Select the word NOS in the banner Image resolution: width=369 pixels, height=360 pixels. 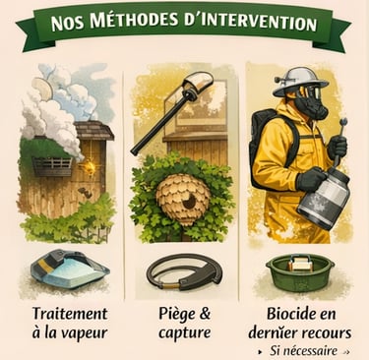(67, 24)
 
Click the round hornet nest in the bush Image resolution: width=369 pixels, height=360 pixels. (182, 198)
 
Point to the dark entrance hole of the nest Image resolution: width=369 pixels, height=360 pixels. (188, 203)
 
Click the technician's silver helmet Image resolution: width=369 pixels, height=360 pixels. (300, 80)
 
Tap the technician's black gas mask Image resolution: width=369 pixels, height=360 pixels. (309, 103)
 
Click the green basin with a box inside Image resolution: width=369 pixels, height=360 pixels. (300, 272)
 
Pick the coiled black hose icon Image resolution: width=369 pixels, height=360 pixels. (183, 271)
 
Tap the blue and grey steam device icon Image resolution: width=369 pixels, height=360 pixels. (70, 269)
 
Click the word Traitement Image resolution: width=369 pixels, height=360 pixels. (70, 314)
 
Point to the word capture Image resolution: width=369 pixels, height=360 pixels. (184, 333)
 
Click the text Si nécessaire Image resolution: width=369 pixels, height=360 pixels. (303, 351)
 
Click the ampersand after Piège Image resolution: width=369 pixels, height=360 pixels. (204, 314)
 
